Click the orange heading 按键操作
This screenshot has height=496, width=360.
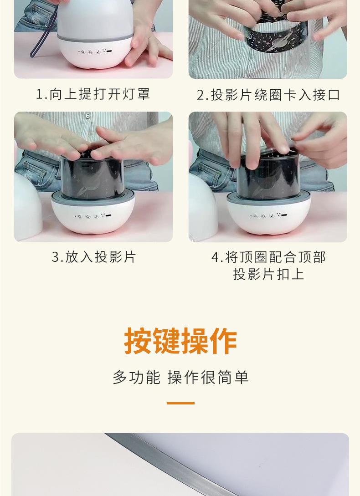[x=180, y=341]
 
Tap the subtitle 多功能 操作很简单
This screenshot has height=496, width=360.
[x=180, y=378]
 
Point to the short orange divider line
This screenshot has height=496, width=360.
[x=180, y=403]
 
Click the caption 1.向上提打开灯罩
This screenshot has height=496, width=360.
[x=93, y=94]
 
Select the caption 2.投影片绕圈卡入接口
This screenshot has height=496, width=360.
[x=268, y=95]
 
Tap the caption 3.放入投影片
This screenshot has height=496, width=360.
[x=94, y=257]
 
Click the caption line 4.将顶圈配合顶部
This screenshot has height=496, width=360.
[x=268, y=257]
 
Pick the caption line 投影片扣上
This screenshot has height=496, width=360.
[x=268, y=274]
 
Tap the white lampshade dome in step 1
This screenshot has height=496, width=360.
[x=95, y=20]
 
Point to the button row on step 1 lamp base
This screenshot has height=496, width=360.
[x=95, y=51]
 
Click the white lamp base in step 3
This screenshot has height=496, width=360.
[x=93, y=215]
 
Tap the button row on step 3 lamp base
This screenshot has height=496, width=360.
[x=93, y=216]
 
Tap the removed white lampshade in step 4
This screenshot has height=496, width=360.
[x=203, y=207]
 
